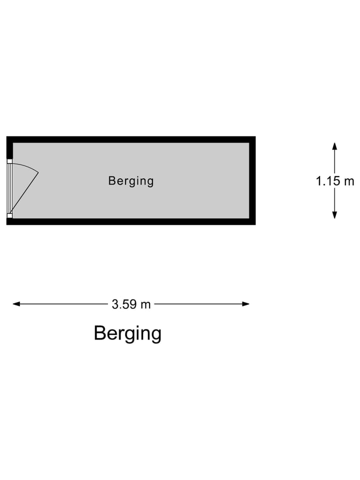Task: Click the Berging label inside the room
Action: click(131, 180)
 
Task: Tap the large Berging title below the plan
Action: click(127, 333)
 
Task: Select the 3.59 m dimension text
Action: click(131, 304)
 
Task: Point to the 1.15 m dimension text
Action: click(334, 181)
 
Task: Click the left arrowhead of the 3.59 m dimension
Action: click(16, 304)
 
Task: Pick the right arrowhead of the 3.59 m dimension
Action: click(246, 304)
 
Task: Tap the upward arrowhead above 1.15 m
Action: click(334, 146)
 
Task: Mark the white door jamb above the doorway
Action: click(9, 161)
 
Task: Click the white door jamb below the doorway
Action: click(9, 216)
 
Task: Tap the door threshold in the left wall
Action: click(8, 188)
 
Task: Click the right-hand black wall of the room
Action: click(252, 180)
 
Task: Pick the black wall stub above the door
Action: click(9, 148)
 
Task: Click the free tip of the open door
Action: click(38, 172)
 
